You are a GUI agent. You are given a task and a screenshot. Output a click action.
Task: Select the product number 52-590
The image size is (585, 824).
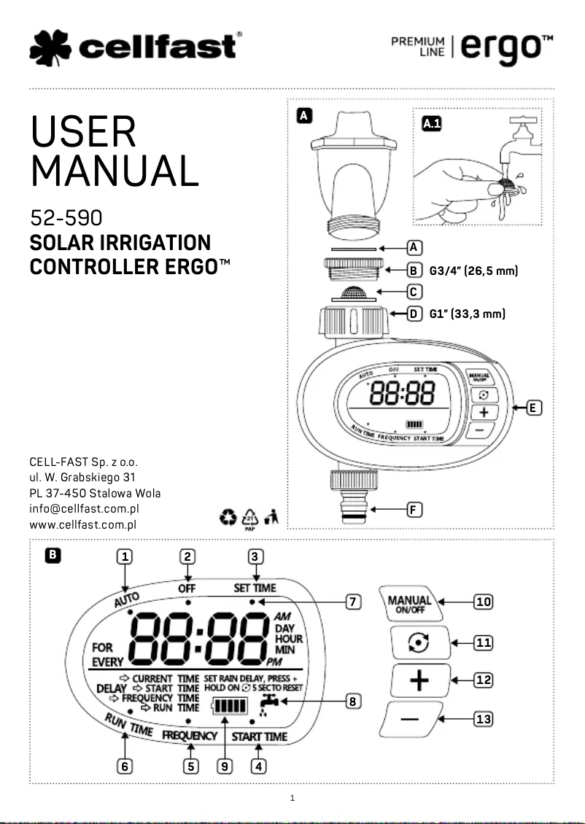coord(65,218)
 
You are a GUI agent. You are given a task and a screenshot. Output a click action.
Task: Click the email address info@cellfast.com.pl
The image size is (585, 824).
coord(84,509)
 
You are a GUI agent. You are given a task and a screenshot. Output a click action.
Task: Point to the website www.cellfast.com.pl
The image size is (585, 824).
coord(84,524)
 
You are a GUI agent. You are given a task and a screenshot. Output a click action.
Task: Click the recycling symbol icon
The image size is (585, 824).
coord(228,518)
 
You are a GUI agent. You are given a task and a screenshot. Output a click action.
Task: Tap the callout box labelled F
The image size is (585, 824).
coord(413,510)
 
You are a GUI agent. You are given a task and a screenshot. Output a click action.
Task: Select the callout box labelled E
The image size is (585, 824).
coord(534,408)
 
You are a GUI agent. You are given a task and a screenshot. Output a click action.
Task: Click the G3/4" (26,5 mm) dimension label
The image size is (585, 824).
coord(473,271)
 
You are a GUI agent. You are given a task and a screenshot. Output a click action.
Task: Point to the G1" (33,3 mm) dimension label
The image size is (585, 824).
coord(467,314)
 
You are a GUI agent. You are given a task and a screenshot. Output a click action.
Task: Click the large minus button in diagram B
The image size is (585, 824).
coord(410,720)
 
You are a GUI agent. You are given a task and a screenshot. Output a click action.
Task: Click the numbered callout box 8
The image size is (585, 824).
coord(352,701)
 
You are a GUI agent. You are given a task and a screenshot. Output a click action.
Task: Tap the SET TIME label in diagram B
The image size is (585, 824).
coord(255,587)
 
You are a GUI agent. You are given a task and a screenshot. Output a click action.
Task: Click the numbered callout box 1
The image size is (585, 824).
coord(125,556)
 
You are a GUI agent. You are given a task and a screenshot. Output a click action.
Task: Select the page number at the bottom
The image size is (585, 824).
coord(292,798)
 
